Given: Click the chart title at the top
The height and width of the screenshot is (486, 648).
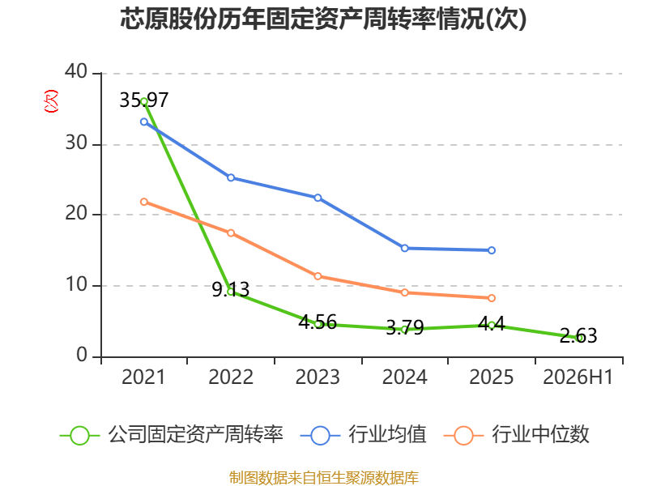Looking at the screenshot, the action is pos(323,19).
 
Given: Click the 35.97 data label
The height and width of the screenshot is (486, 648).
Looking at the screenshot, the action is pos(144,100).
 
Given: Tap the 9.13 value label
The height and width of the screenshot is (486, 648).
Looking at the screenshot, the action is pos(231,289).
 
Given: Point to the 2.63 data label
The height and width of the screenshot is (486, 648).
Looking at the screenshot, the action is pos(578,335).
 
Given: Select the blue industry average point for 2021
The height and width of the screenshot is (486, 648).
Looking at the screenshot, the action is pos(144,122).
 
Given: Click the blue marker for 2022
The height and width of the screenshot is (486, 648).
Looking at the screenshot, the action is pos(231,177).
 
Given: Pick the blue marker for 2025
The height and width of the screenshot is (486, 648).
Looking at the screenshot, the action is pos(492,250).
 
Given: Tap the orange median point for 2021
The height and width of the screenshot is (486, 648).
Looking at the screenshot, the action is pos(144,202).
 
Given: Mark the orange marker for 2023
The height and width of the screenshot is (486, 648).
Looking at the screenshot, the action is pos(318,276).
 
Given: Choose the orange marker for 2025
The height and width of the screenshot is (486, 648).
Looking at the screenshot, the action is pos(492,298).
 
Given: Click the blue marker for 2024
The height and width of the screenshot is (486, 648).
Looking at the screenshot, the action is pos(404,249).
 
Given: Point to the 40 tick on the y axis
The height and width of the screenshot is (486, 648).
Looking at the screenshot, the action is pos(76,71).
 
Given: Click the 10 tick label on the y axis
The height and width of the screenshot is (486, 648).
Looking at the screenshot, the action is pos(76,284).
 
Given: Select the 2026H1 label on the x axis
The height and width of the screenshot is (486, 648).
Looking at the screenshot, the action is pos(578,377).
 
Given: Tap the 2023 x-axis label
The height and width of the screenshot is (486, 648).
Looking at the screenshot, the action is pos(318,377).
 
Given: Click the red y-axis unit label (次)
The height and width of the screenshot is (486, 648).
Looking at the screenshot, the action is pos(51,101).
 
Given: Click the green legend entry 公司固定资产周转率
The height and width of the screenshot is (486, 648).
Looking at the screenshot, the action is pos(172,435).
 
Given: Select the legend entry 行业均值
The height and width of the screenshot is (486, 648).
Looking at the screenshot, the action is pos(363,435).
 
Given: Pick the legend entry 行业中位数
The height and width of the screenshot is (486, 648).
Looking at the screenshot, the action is pos(516,435).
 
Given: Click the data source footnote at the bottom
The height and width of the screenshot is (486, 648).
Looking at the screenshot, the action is pos(323,478).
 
